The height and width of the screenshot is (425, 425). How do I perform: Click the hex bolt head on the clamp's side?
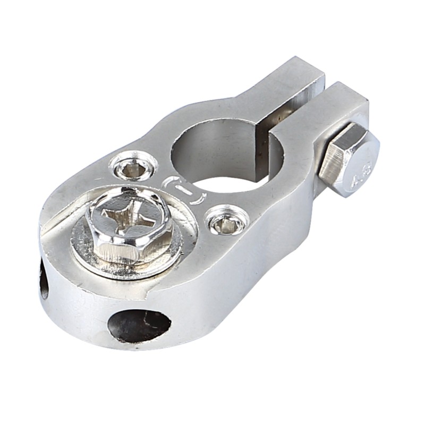pos(348,159)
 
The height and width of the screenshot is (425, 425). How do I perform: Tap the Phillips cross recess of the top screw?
pos(127,215)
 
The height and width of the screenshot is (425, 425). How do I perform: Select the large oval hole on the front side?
pos(139,324)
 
